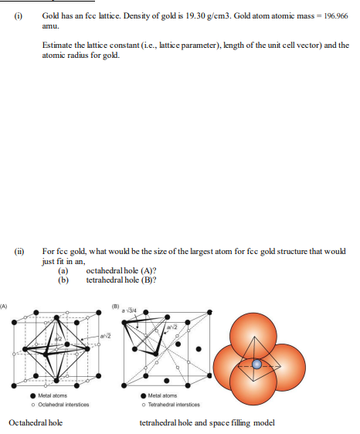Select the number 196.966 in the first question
[331, 15]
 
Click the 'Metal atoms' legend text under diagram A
[55, 396]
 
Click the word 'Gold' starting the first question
[51, 15]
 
